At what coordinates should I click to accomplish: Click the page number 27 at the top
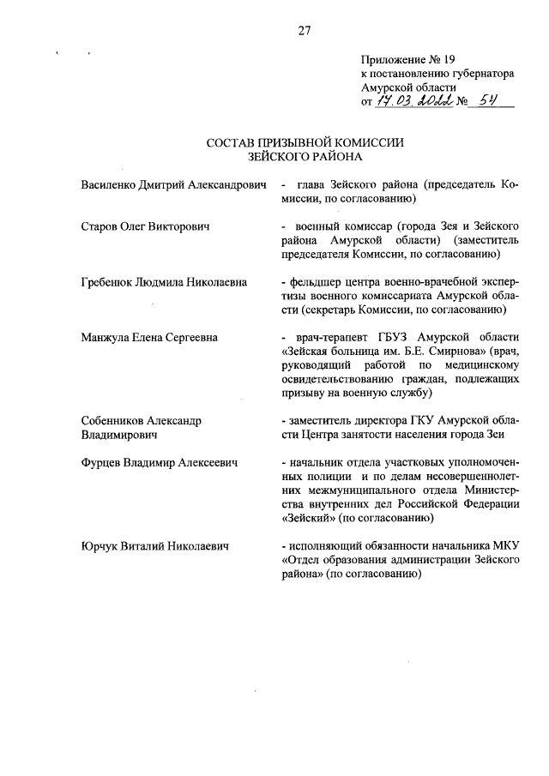pos(305,32)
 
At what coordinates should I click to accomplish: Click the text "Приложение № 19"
pos(407,60)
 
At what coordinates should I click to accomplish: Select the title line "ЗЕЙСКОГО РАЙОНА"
pos(305,158)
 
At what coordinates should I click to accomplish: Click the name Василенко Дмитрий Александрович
pos(169,185)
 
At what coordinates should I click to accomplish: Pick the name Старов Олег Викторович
pos(146,226)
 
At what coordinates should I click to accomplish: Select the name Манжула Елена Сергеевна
pos(149,337)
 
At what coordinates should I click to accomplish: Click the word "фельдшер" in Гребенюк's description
pos(314,282)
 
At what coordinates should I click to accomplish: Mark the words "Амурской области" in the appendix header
pos(409,87)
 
